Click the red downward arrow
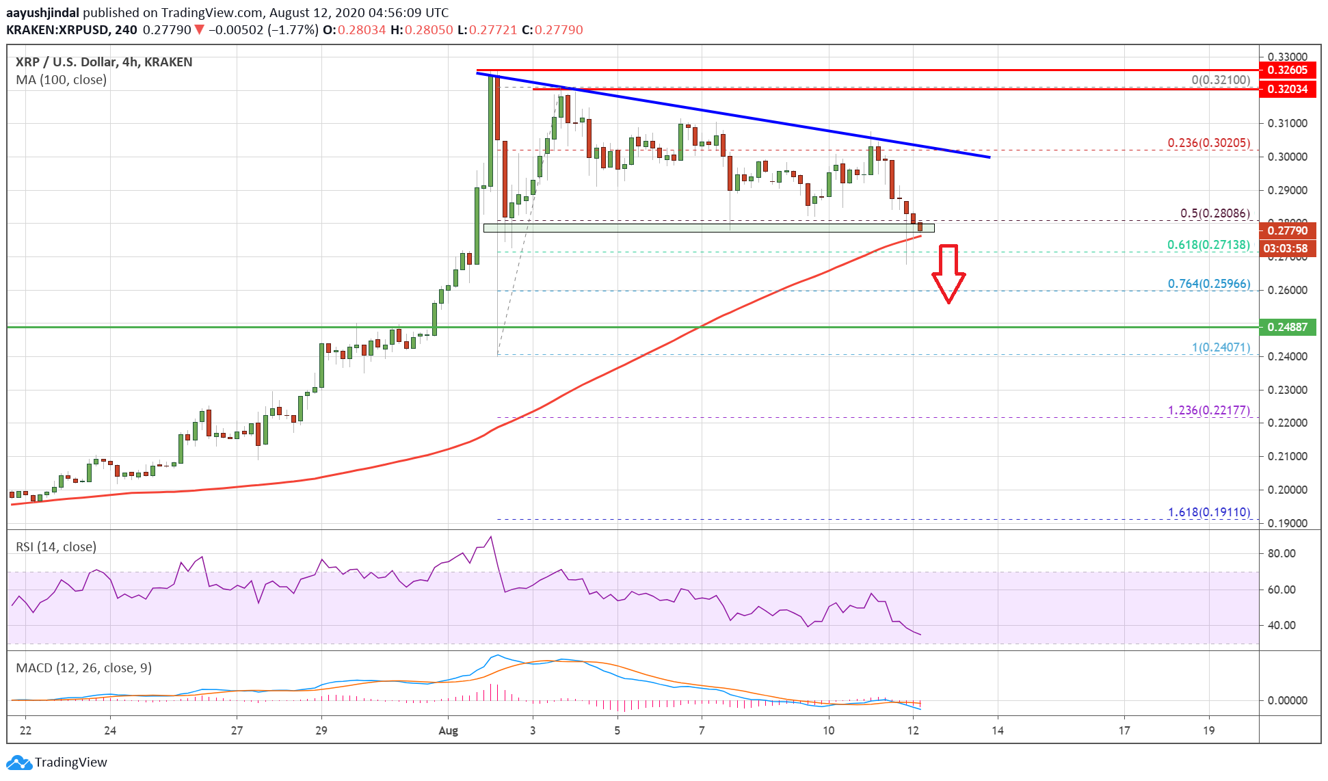point(948,273)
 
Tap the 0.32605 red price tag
point(1287,70)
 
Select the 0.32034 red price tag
point(1287,89)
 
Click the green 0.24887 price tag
point(1287,327)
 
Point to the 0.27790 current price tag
point(1287,230)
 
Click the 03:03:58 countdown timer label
point(1286,248)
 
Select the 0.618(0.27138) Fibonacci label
point(1208,245)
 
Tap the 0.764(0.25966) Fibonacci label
point(1208,283)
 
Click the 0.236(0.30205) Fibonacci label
point(1208,143)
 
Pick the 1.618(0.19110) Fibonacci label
point(1208,512)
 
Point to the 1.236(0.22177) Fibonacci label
point(1208,410)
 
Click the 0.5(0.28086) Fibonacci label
point(1214,213)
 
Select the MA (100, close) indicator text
point(62,80)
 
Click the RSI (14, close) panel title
point(56,547)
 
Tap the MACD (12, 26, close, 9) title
point(83,668)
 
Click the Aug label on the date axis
point(448,730)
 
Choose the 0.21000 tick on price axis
point(1287,456)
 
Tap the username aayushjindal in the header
point(42,12)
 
